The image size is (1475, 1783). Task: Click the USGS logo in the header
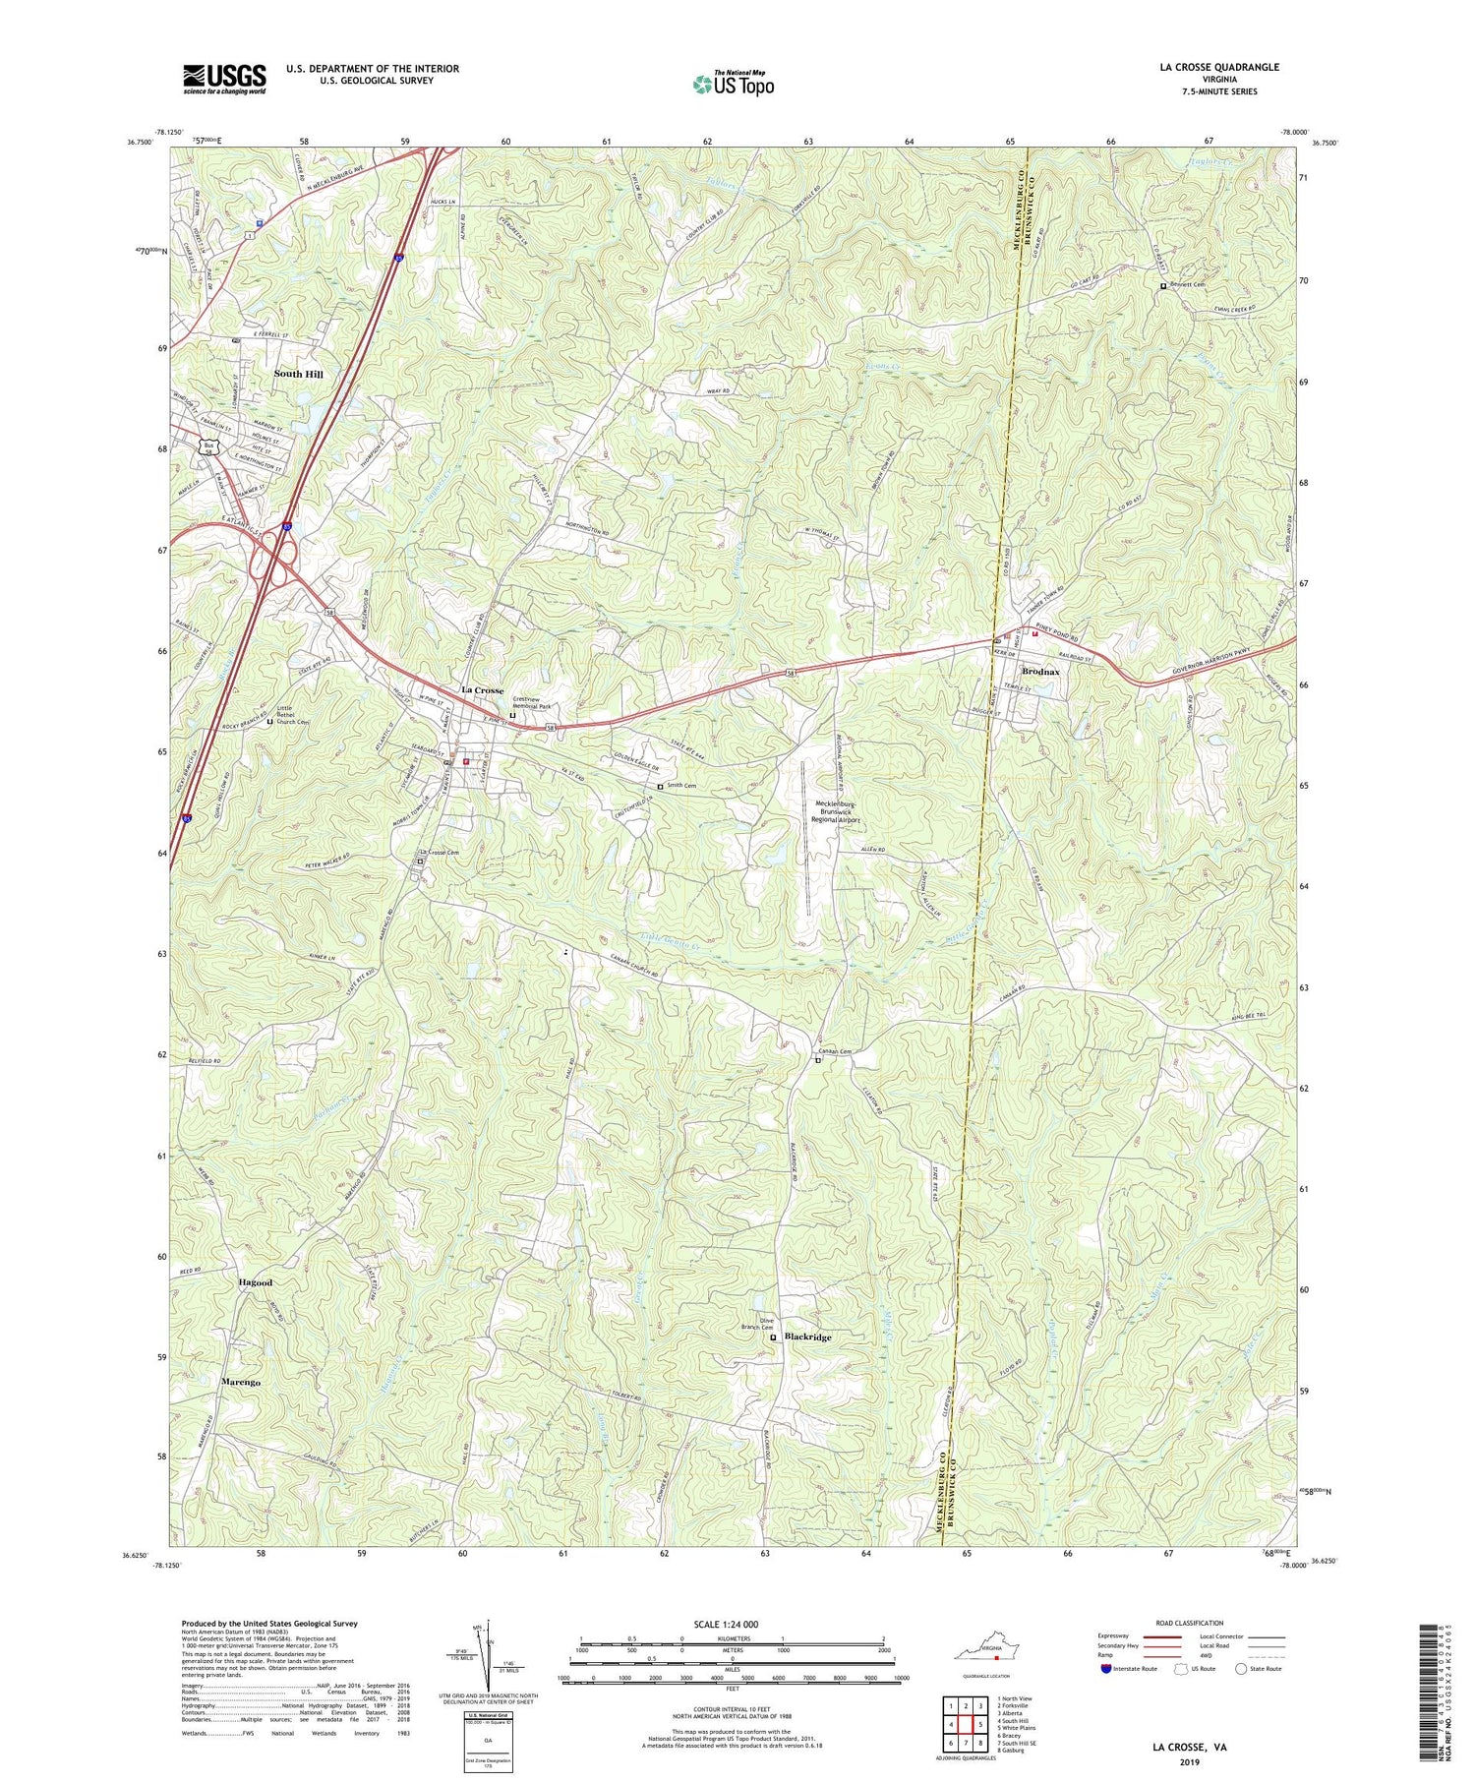pyautogui.click(x=224, y=79)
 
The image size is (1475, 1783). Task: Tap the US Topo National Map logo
pyautogui.click(x=733, y=84)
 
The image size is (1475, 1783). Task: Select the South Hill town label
pyautogui.click(x=298, y=375)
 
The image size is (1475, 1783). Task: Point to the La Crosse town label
pyautogui.click(x=482, y=690)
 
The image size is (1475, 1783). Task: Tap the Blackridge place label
pyautogui.click(x=807, y=1337)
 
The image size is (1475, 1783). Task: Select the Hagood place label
pyautogui.click(x=255, y=1283)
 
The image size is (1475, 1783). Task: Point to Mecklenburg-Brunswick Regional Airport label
pyautogui.click(x=835, y=812)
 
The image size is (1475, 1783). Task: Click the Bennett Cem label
pyautogui.click(x=1187, y=285)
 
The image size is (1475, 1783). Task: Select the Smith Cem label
pyautogui.click(x=687, y=786)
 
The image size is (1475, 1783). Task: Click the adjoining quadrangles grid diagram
pyautogui.click(x=964, y=1724)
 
